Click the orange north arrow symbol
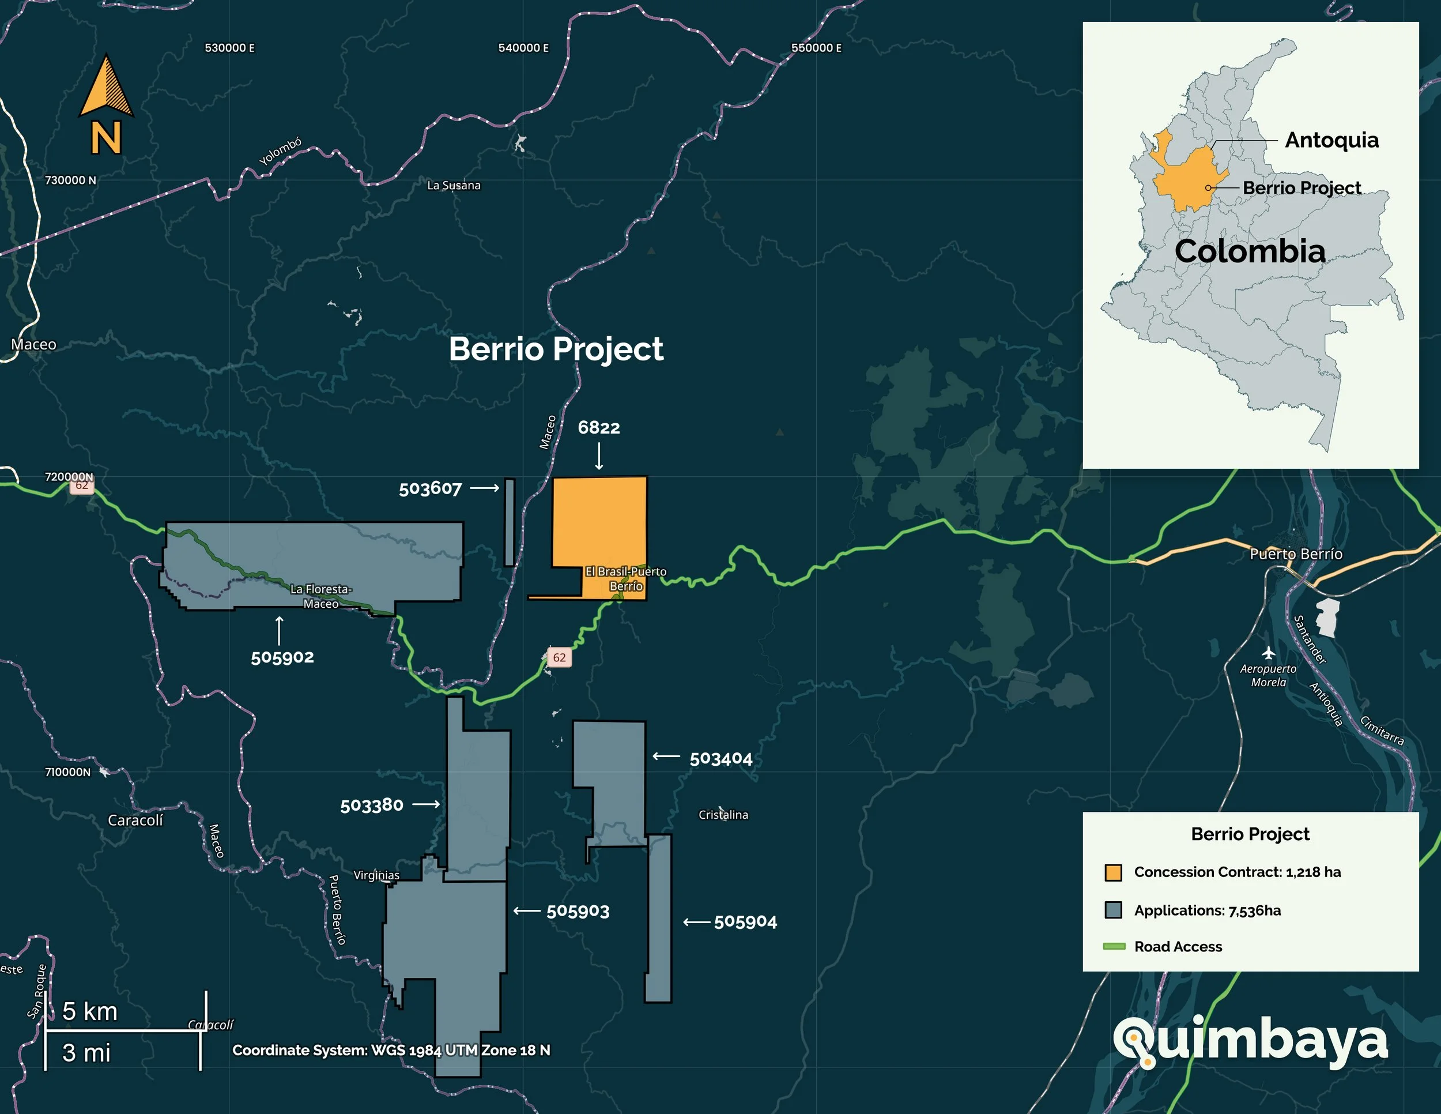tap(106, 88)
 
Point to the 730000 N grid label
tap(70, 180)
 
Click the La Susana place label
tap(454, 186)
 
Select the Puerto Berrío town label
tap(1296, 554)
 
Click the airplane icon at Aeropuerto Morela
tap(1268, 653)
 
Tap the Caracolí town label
tap(135, 821)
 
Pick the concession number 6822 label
tap(598, 428)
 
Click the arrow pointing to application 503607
tap(485, 488)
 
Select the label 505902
tap(282, 657)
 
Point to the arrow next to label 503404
tap(666, 757)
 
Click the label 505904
tap(745, 922)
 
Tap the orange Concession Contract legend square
tap(1113, 872)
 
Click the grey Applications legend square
tap(1113, 910)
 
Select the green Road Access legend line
tap(1114, 946)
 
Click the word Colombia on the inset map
tap(1250, 251)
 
